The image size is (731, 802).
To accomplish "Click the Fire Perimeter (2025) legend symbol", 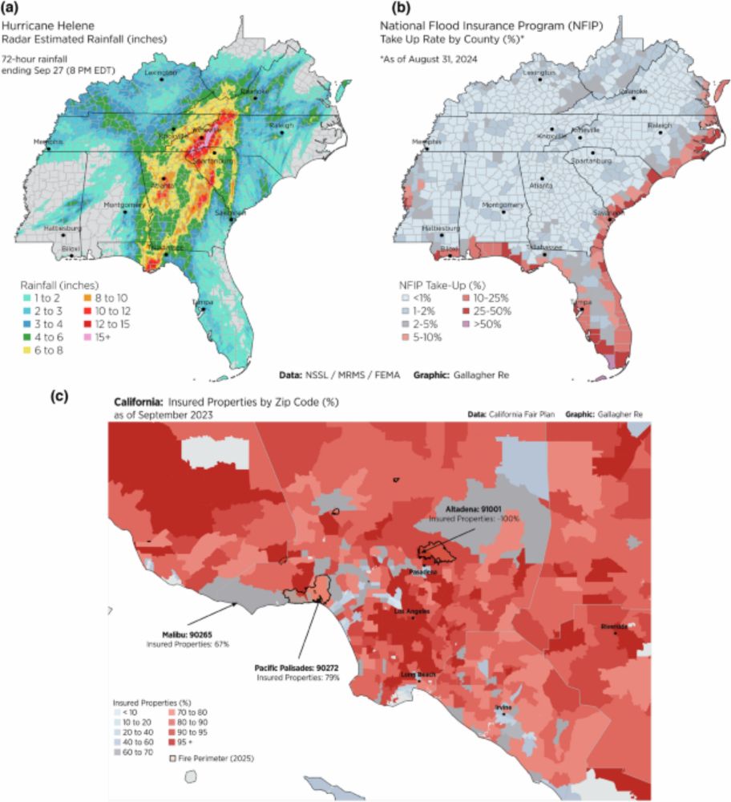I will click(173, 756).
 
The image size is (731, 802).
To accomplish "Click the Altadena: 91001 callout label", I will click(471, 508).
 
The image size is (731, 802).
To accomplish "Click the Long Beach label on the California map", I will click(417, 674).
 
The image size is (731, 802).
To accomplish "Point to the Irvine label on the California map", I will click(503, 707).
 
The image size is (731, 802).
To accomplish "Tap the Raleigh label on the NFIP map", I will click(660, 126).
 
